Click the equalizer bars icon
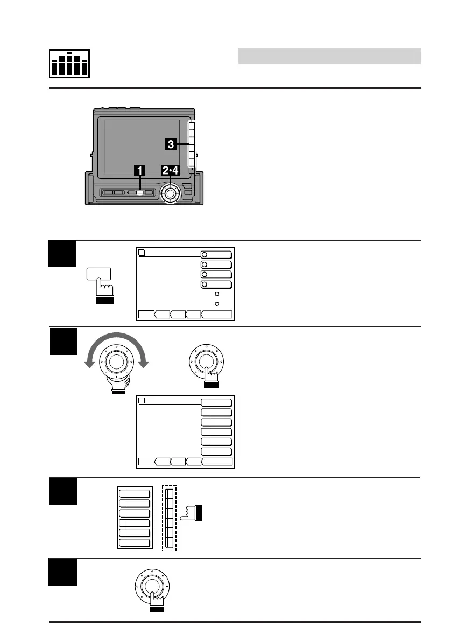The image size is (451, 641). point(69,64)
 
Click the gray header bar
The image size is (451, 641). point(329,56)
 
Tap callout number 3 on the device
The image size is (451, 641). point(171,144)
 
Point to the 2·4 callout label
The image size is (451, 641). point(171,171)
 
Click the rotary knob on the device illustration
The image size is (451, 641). point(171,192)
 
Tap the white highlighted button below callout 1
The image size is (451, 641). point(139,192)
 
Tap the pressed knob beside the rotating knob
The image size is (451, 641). point(207,361)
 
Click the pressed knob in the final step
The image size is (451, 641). point(152,587)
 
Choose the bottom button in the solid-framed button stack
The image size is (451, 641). point(134,542)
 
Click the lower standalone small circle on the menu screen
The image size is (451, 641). point(216,304)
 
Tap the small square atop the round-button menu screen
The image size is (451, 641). point(142,252)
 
